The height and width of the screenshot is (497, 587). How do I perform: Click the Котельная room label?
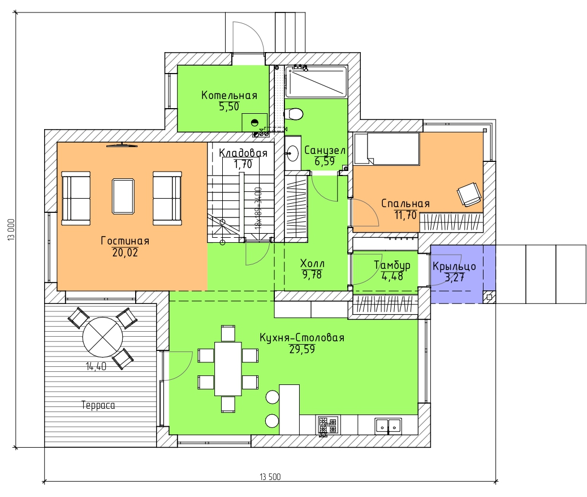tap(229, 95)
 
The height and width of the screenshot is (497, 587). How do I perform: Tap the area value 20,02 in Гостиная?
tap(125, 252)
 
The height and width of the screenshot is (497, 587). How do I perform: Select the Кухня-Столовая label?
tap(302, 337)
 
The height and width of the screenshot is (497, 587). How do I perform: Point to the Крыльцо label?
tap(454, 266)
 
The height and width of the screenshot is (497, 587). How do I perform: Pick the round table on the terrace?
tap(102, 337)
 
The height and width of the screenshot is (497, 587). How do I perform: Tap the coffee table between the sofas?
tap(123, 196)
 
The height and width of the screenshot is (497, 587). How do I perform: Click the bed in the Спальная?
tap(386, 148)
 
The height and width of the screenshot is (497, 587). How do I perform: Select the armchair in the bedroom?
tap(469, 194)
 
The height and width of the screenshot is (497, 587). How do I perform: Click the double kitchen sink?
tap(388, 426)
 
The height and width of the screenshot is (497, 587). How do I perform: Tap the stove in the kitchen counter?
tap(329, 426)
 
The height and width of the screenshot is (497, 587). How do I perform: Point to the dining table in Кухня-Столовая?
tap(227, 369)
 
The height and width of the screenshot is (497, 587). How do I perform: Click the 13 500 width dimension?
tap(270, 477)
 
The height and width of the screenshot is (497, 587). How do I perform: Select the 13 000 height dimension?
tap(11, 229)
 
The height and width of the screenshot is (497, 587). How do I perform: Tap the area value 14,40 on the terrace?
tap(96, 366)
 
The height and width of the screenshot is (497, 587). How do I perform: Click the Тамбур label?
tap(392, 265)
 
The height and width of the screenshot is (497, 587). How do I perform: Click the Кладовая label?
tap(243, 153)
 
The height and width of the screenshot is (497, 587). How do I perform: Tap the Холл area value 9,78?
tap(312, 275)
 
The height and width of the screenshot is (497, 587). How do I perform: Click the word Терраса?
tap(98, 405)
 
